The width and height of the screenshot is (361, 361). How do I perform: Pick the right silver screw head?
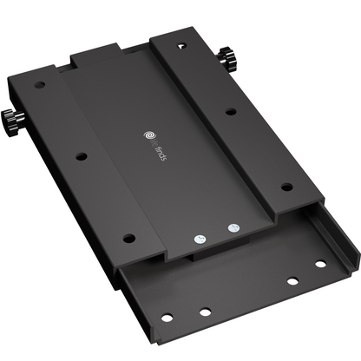point(232,229)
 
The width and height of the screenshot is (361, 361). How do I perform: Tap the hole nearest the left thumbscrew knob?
point(40,85)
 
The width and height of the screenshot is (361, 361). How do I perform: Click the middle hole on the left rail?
point(81,157)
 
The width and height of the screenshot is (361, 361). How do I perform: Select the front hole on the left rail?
point(128,237)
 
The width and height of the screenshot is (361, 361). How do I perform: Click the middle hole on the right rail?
point(229,111)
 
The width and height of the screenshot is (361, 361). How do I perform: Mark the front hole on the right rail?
point(287,185)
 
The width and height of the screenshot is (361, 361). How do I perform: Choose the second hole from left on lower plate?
point(205,312)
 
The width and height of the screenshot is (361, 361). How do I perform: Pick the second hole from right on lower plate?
point(293,281)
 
